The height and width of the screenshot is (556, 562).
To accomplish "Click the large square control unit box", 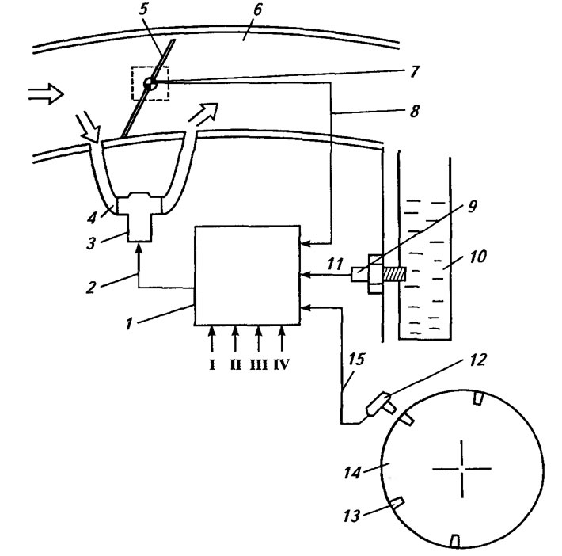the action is (x=247, y=276).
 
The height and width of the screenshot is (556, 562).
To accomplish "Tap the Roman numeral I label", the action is (x=212, y=365).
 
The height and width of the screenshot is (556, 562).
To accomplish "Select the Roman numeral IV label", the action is (x=281, y=365).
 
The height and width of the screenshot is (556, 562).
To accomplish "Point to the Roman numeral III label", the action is (x=259, y=365).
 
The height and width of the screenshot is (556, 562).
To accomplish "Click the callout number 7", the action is (x=414, y=71).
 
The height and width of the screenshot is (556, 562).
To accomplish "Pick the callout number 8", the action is (x=414, y=111).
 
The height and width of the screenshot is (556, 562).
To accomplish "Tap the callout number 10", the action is (x=477, y=257).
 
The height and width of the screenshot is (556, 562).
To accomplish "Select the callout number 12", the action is (x=477, y=360).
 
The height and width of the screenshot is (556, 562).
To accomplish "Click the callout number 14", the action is (x=351, y=472).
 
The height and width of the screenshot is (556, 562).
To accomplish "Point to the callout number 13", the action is (x=351, y=516).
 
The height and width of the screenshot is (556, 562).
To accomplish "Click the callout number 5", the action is (x=143, y=10).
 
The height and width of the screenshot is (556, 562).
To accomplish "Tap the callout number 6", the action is (x=257, y=10).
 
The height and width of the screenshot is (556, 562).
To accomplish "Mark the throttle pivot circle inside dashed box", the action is (x=150, y=84).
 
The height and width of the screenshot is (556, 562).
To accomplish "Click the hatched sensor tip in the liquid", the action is (x=395, y=274).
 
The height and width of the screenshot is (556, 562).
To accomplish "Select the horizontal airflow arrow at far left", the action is (x=46, y=94).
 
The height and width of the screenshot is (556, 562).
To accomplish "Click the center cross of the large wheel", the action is (x=462, y=468).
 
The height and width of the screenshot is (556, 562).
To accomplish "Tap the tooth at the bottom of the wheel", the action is (x=455, y=541).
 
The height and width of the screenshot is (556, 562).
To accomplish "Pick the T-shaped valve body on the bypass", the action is (x=140, y=216).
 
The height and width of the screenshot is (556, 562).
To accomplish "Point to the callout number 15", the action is (x=356, y=359).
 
